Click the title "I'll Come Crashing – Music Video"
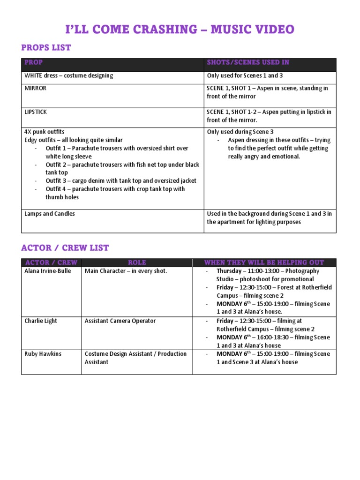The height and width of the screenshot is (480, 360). [180, 30]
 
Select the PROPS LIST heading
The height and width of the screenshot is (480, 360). [46, 48]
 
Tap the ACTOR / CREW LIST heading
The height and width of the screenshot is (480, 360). [65, 247]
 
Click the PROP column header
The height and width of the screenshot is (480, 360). [33, 62]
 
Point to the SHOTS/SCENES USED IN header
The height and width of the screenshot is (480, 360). [248, 62]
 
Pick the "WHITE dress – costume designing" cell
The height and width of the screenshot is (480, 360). [68, 75]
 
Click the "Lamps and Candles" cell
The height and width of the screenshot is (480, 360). [49, 214]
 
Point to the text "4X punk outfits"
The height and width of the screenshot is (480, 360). [45, 132]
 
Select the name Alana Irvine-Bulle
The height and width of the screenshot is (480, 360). [48, 271]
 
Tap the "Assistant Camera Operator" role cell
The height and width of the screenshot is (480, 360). [120, 321]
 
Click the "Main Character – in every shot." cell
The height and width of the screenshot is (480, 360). [126, 271]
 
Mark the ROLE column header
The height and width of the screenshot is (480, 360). [137, 262]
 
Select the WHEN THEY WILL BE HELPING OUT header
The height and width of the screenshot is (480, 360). [264, 262]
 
